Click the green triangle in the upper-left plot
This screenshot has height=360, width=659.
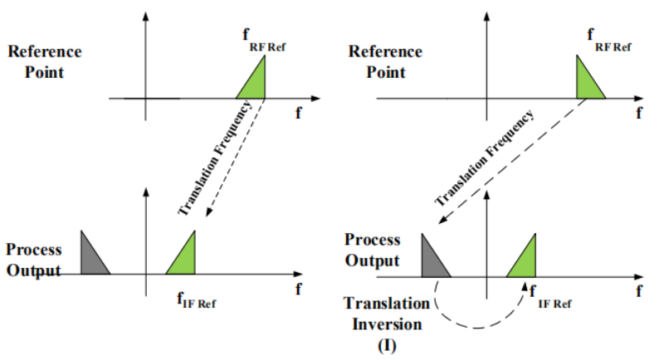pyautogui.click(x=256, y=87)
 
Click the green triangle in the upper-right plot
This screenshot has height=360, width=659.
pyautogui.click(x=587, y=83)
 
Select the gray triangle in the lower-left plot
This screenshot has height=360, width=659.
pyautogui.click(x=90, y=256)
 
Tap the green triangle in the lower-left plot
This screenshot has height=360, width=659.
pyautogui.click(x=185, y=258)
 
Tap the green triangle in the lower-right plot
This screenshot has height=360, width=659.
pyautogui.click(x=526, y=259)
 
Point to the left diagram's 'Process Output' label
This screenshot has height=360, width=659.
pyautogui.click(x=34, y=260)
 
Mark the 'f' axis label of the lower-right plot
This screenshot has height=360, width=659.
pyautogui.click(x=638, y=291)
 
